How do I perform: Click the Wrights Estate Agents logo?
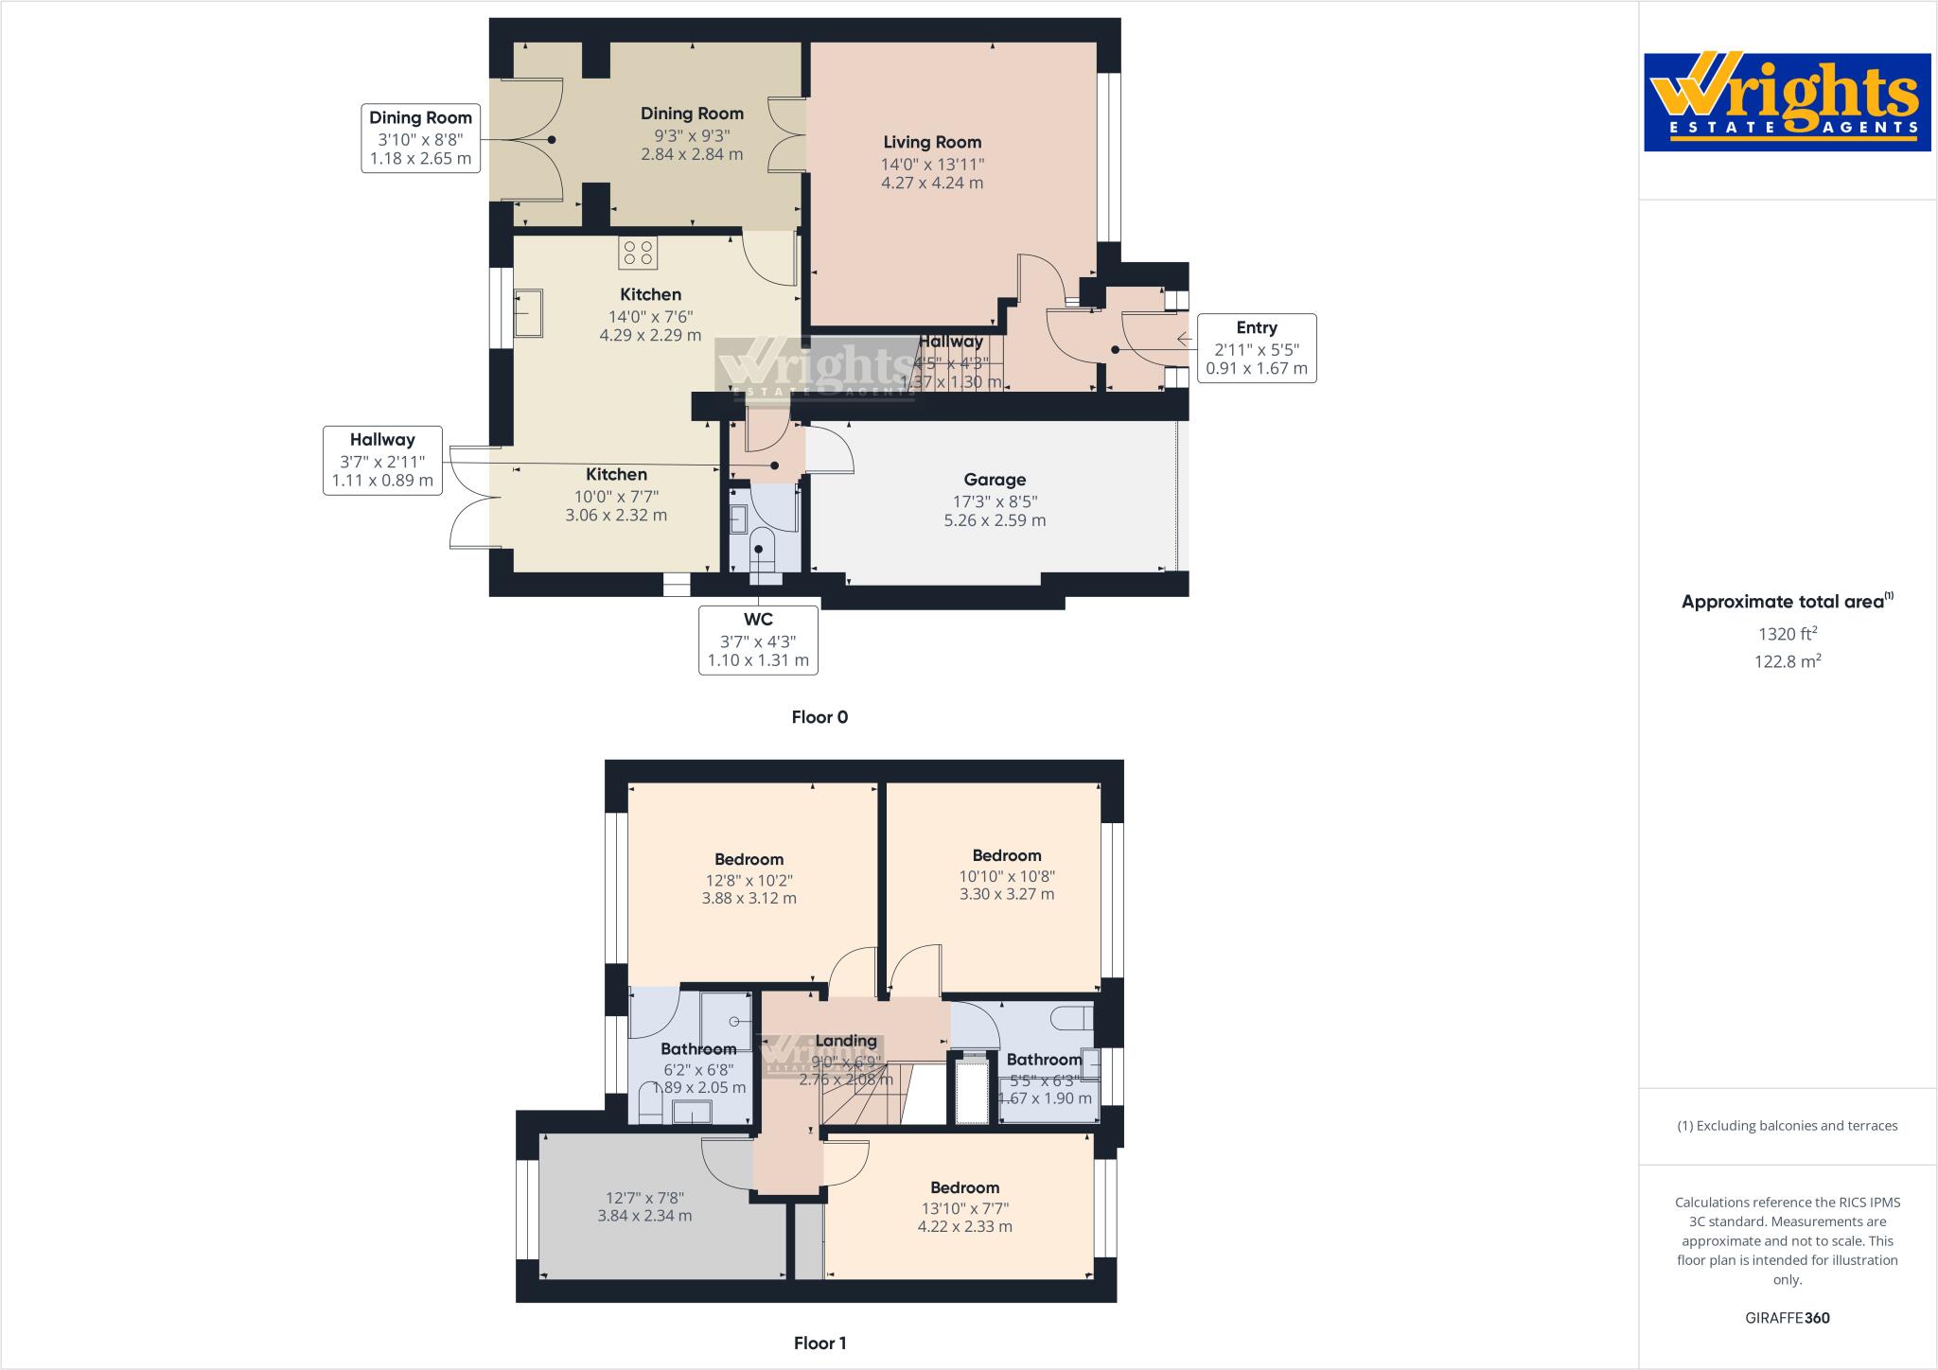coord(1787,102)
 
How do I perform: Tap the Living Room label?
coord(932,143)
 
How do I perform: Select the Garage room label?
coord(995,480)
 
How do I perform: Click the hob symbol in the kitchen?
coord(638,253)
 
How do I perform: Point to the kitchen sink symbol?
coord(528,313)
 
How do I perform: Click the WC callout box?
coord(758,640)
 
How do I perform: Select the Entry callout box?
coord(1256,348)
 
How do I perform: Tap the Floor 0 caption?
coord(819,717)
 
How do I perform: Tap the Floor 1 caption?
coord(819,1343)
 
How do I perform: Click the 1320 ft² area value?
coord(1787,635)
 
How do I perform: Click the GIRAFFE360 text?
coord(1787,1318)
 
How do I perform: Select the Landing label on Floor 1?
coord(845,1041)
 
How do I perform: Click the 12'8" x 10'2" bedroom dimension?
coord(749,879)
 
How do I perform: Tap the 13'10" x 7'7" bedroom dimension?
coord(964,1207)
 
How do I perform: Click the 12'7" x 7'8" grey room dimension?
coord(644,1197)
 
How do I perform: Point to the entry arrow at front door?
coord(1183,339)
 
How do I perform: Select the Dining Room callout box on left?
coord(420,138)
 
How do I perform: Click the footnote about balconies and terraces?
coord(1787,1126)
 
